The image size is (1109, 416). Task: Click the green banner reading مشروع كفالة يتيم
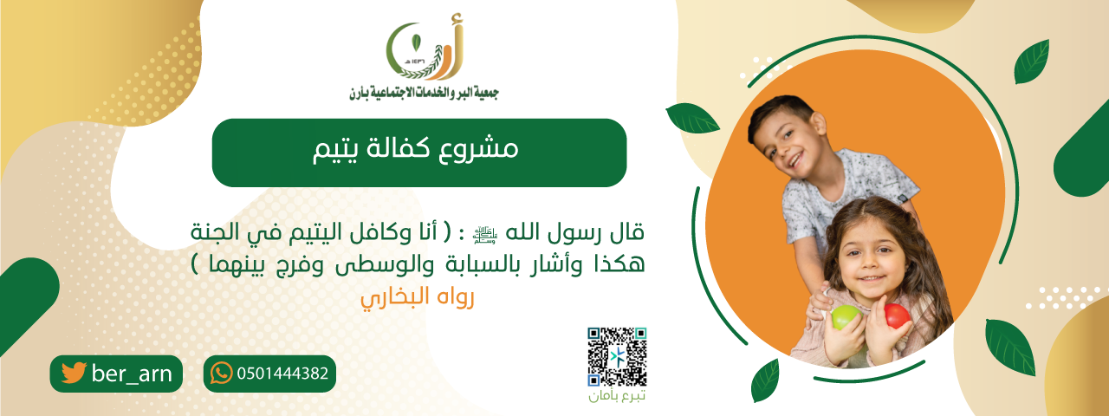[418, 153]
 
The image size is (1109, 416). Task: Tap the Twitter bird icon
[74, 374]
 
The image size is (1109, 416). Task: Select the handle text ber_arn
[132, 374]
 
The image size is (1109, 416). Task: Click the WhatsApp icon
[222, 374]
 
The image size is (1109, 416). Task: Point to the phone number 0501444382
[282, 374]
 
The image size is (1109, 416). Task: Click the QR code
[617, 356]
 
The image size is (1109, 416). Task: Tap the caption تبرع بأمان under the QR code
[617, 397]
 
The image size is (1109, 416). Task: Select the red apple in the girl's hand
[897, 315]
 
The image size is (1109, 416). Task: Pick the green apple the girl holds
[845, 317]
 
